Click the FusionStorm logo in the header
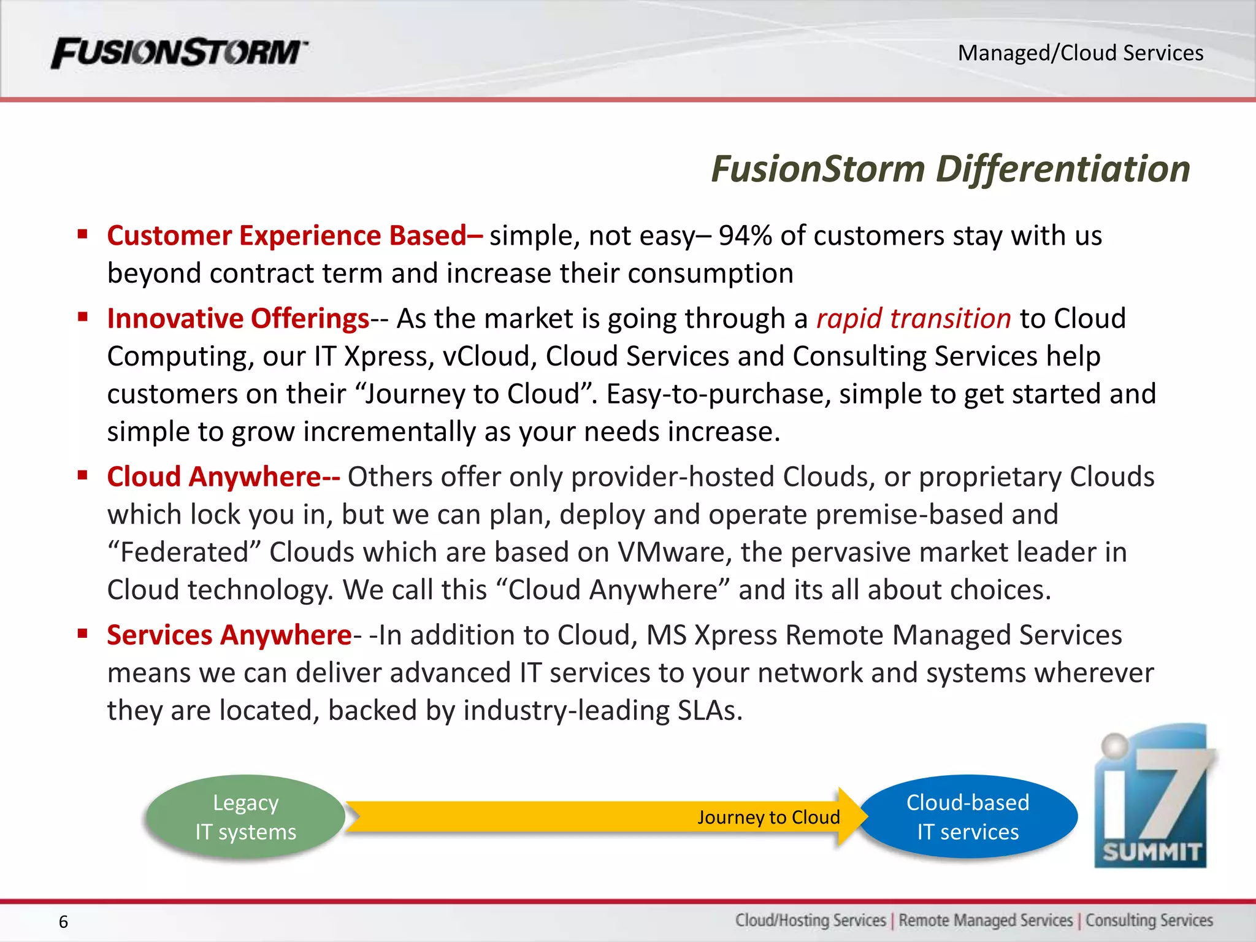[179, 53]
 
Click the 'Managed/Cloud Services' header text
[1080, 53]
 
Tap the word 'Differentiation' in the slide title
[1063, 169]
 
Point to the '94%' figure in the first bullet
[745, 235]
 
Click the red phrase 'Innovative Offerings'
[238, 318]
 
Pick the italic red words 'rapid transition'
[913, 318]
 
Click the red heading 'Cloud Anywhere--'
[223, 477]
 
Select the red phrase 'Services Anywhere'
[229, 635]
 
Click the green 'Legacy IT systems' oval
[245, 817]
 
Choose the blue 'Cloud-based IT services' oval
[968, 817]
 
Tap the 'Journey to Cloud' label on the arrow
[768, 818]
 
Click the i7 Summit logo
[1151, 797]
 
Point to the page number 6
[63, 922]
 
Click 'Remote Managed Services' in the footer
[986, 921]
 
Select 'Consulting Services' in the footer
[1149, 921]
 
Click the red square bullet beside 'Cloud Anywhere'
[83, 475]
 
